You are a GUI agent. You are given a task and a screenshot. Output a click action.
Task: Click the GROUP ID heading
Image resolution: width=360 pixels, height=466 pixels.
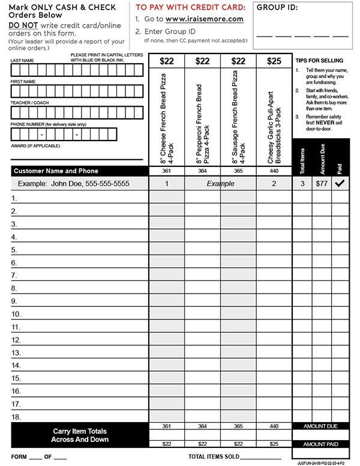coord(277,8)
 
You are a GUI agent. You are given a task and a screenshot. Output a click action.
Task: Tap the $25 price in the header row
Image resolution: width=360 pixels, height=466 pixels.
coord(274,61)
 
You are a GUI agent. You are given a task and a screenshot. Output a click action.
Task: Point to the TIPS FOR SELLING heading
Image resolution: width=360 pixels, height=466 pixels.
coord(319,61)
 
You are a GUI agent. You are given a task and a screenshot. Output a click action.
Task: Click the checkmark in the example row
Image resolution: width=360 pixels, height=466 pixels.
coord(340,184)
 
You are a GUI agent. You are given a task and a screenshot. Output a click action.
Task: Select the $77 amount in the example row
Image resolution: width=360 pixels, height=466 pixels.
coord(322,184)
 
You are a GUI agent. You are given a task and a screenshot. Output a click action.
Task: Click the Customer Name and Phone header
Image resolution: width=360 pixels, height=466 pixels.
coord(56,171)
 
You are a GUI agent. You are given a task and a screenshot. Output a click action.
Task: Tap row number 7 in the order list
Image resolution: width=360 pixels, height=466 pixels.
coord(15,276)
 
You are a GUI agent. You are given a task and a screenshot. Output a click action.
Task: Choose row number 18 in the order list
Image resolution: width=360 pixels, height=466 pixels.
coord(16,417)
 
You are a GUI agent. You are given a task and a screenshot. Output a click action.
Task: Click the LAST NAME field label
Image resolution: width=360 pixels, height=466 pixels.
coord(22,61)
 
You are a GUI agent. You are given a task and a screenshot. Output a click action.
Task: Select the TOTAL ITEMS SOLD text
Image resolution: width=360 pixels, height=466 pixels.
coord(214,457)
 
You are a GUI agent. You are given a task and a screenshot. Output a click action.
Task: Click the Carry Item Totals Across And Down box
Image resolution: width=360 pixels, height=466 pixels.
coord(79,435)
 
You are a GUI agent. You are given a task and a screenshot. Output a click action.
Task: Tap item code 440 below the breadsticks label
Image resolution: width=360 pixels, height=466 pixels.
coord(274,171)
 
